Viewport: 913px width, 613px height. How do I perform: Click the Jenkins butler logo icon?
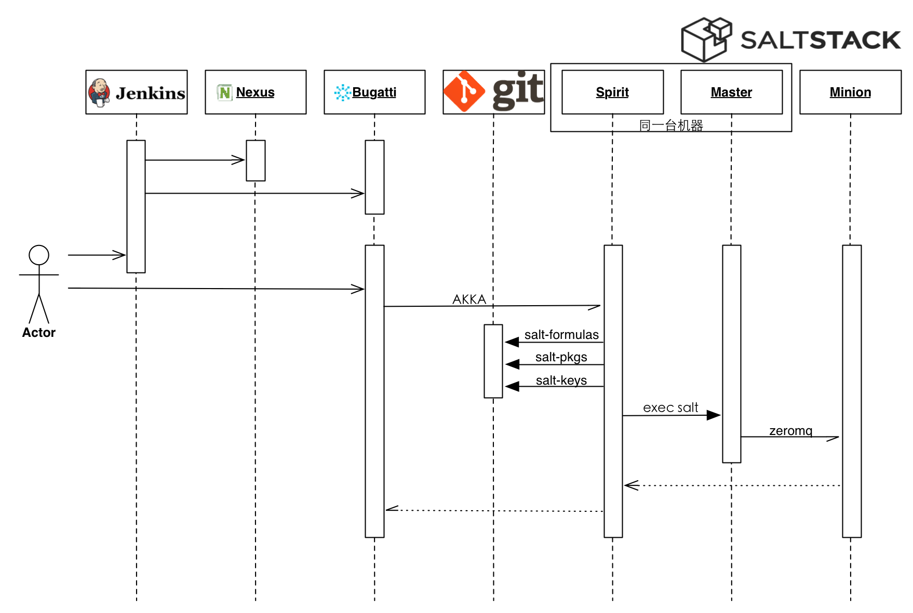pyautogui.click(x=99, y=92)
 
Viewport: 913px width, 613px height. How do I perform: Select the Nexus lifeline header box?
pyautogui.click(x=256, y=92)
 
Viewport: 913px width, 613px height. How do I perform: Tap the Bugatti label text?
pyautogui.click(x=374, y=92)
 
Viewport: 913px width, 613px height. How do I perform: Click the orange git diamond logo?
pyautogui.click(x=464, y=91)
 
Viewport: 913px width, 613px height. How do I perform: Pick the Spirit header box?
pyautogui.click(x=612, y=92)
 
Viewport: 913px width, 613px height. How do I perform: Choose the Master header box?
pyautogui.click(x=731, y=92)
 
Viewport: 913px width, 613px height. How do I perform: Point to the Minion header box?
pyautogui.click(x=850, y=92)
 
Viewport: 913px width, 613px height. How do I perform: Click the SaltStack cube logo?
pyautogui.click(x=706, y=39)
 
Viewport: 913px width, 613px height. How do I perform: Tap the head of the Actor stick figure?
pyautogui.click(x=39, y=255)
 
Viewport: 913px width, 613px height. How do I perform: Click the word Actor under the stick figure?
pyautogui.click(x=39, y=333)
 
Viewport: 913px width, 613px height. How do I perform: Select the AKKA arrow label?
pyautogui.click(x=469, y=299)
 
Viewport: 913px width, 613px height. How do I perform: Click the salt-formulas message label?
pyautogui.click(x=561, y=335)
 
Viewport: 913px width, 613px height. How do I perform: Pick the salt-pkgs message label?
pyautogui.click(x=561, y=357)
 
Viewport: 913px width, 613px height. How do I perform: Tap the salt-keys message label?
pyautogui.click(x=561, y=380)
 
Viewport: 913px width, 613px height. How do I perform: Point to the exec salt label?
pyautogui.click(x=670, y=407)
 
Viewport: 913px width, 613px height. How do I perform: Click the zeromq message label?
pyautogui.click(x=790, y=431)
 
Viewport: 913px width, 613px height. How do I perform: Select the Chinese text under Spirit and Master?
pyautogui.click(x=671, y=125)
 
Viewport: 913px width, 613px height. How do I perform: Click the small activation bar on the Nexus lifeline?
pyautogui.click(x=256, y=160)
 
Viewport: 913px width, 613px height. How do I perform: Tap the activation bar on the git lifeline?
pyautogui.click(x=493, y=361)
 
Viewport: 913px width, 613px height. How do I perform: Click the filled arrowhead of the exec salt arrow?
pyautogui.click(x=714, y=415)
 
